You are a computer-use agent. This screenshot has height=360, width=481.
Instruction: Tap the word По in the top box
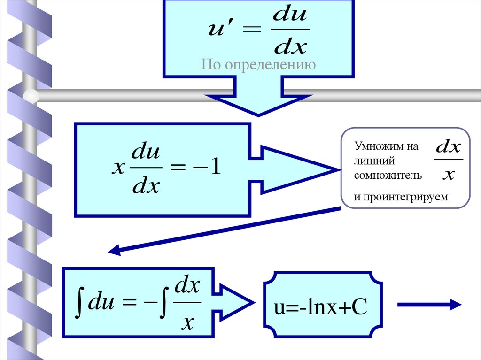coord(212,64)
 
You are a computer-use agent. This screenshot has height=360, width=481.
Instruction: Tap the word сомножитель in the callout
coord(388,176)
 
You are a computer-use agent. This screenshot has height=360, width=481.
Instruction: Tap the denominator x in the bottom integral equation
coord(187,322)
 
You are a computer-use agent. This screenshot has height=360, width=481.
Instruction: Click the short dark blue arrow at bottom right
coord(429,305)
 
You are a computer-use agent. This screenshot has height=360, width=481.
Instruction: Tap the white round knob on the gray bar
coord(31,96)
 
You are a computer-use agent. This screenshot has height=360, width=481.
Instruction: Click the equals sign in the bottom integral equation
coord(131,303)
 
